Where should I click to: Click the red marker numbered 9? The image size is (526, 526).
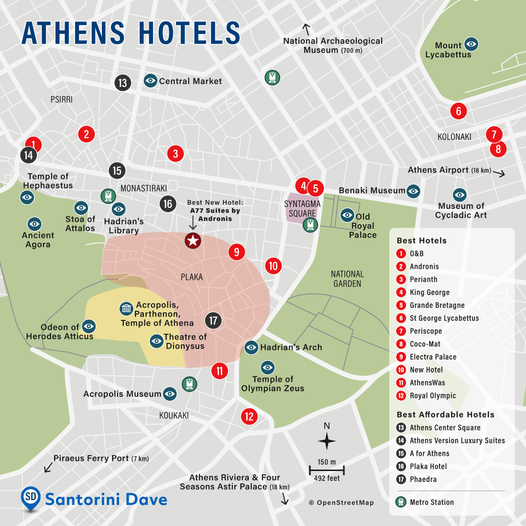237,252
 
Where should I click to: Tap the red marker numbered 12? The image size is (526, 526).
249,416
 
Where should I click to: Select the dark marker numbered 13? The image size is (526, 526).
123,83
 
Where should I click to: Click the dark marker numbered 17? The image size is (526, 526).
213,320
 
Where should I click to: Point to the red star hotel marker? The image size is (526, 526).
193,241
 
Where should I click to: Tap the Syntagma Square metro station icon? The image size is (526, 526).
310,224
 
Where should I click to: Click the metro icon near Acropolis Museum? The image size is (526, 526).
189,384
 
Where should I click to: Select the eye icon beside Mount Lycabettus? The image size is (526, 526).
471,44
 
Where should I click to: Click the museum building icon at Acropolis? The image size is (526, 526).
126,308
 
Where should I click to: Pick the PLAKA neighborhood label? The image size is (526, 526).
192,277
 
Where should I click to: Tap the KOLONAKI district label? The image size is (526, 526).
454,137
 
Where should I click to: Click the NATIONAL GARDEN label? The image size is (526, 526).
347,279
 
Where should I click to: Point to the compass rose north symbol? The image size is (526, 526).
327,440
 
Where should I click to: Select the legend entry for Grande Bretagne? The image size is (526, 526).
437,305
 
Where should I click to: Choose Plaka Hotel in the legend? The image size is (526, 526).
428,466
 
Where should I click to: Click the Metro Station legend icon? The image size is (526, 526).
401,502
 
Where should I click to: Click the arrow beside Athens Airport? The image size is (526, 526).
499,174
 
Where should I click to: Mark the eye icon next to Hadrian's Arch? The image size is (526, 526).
252,348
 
